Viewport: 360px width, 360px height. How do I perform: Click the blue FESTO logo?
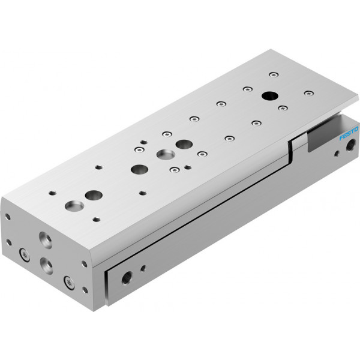(349, 133)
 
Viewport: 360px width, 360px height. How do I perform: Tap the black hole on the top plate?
(270, 96)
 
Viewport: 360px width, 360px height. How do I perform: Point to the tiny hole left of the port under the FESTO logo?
(337, 153)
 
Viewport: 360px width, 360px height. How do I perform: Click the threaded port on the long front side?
(127, 278)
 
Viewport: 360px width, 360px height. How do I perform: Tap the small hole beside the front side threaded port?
(143, 268)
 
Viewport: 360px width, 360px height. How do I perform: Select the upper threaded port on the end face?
(46, 240)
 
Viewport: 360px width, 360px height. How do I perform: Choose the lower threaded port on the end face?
(46, 266)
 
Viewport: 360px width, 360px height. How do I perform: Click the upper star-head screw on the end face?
(25, 255)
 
